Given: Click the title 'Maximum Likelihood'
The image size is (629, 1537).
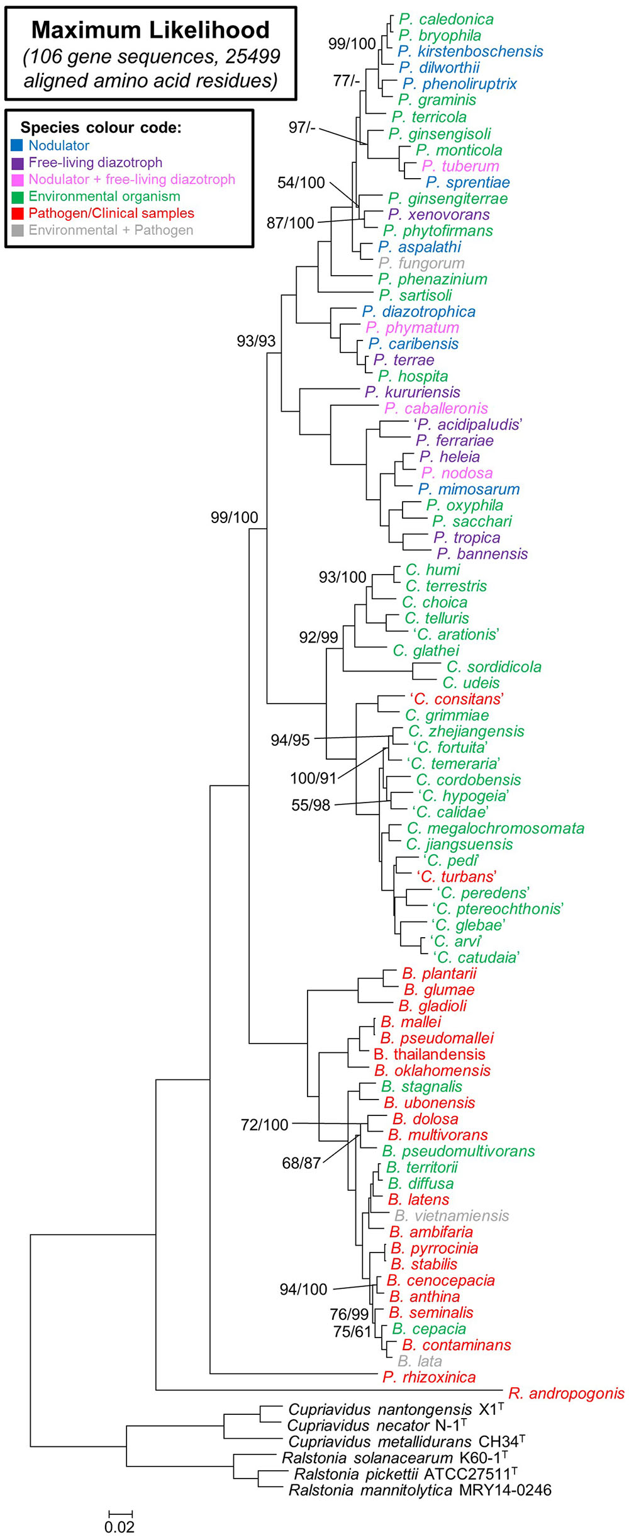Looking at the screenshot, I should [x=150, y=30].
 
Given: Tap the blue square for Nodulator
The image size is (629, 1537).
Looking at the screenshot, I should [x=17, y=145].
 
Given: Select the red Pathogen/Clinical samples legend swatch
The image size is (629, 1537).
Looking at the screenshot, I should [x=17, y=213].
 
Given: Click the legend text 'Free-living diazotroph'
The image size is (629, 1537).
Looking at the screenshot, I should [x=95, y=162].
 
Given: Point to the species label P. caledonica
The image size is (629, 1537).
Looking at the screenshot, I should [x=446, y=20].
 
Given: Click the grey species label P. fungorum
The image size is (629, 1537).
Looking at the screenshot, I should [x=421, y=263].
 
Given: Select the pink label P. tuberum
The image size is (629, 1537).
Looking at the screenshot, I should [x=460, y=166].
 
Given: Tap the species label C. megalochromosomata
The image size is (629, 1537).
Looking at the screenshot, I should [x=496, y=828].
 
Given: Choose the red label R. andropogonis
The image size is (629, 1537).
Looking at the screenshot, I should [x=566, y=1393].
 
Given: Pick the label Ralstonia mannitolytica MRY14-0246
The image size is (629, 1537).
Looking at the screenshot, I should [x=420, y=1490].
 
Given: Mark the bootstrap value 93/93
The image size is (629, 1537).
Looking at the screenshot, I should [x=256, y=341].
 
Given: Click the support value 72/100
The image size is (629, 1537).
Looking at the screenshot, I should [x=264, y=1125].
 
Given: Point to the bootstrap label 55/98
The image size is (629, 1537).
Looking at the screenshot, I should [x=311, y=806].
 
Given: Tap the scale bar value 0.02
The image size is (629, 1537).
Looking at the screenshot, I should [x=120, y=1527].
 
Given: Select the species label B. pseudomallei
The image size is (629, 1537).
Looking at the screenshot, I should [x=437, y=1038].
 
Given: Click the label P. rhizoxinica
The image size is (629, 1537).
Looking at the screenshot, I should [x=429, y=1377].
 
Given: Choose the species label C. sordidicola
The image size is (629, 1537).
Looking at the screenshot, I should [x=494, y=667].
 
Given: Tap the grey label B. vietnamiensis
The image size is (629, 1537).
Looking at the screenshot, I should [x=452, y=1215].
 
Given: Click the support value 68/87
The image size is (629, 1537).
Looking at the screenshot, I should [x=301, y=1163].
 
